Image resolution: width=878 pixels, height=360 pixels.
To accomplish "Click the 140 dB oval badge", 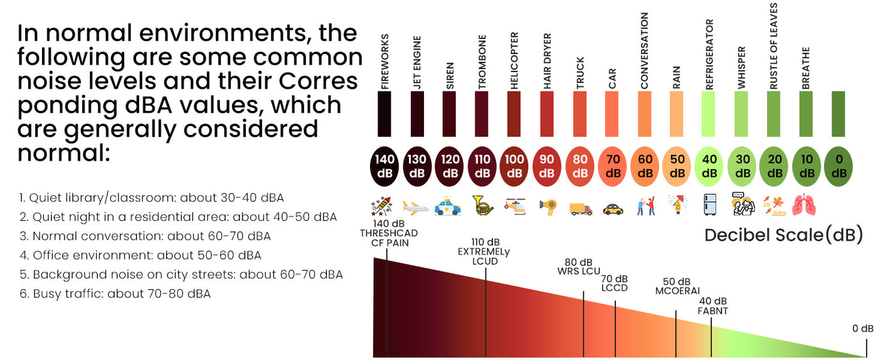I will click(x=385, y=167).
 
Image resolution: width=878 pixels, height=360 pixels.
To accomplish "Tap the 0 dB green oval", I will click(x=838, y=167).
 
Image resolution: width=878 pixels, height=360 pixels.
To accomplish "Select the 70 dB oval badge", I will click(x=612, y=167).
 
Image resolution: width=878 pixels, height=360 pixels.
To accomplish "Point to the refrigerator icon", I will click(x=709, y=204).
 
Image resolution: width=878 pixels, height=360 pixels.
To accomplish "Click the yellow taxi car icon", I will click(x=613, y=208).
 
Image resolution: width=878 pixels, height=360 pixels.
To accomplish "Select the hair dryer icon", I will click(x=547, y=206).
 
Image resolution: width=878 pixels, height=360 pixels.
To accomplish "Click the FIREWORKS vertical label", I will click(x=385, y=61).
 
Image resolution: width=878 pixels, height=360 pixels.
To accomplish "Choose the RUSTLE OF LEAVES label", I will click(x=774, y=45).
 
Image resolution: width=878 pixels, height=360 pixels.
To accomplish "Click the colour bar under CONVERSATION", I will click(x=645, y=114).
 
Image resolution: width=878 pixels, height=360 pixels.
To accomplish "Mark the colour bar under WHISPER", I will click(x=742, y=114).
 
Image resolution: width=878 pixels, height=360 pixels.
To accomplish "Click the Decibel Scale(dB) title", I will click(x=783, y=235).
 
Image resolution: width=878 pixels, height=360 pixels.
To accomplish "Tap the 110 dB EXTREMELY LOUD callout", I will click(x=485, y=251).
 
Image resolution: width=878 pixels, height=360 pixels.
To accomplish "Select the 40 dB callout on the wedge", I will click(x=713, y=305).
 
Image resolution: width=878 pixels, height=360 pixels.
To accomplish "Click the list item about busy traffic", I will click(x=115, y=294).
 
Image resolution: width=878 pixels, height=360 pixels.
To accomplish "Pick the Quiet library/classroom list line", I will click(x=151, y=198).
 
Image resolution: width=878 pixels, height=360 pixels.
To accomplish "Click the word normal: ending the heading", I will click(x=63, y=153).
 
